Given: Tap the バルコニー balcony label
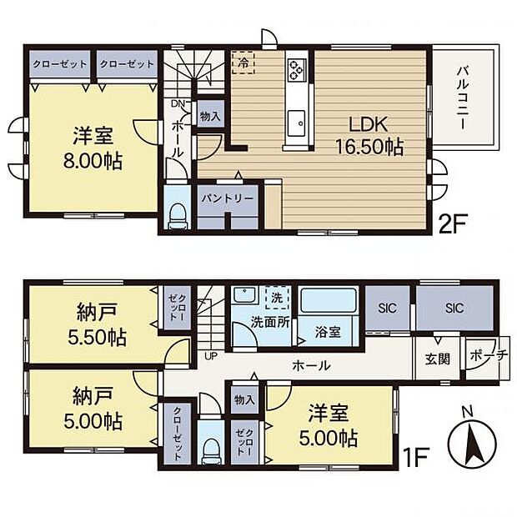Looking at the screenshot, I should tap(461, 98).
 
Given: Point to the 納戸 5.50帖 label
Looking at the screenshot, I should tap(94, 326).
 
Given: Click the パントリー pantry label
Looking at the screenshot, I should tap(227, 198).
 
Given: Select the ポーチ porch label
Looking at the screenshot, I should tap(489, 355).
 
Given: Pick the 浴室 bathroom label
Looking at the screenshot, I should tap(328, 331).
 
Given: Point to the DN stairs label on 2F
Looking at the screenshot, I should tap(178, 103).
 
